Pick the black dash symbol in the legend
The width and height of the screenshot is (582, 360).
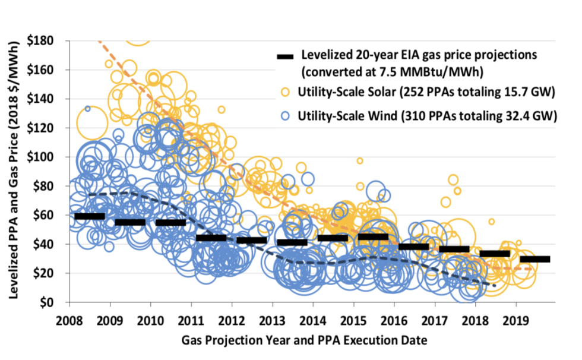coord(286,56)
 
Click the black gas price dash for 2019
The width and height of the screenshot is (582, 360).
coord(535,259)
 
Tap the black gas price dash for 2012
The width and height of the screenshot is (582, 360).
coord(251,240)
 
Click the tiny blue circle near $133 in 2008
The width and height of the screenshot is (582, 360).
coord(87,109)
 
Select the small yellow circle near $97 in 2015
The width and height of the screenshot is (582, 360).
coord(359,161)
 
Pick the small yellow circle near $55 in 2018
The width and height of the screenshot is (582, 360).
coord(492,222)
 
